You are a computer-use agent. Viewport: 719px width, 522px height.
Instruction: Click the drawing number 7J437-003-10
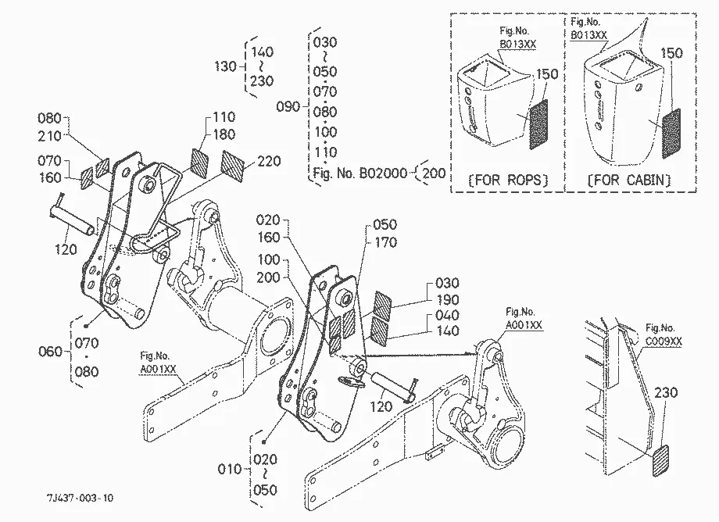point(80,498)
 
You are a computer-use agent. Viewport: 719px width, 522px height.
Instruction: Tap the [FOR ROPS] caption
point(508,180)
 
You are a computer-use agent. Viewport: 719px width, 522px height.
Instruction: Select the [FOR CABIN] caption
point(628,180)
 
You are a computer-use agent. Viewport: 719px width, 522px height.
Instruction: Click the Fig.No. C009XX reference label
point(664,334)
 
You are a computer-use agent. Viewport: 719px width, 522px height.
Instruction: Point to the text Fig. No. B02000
point(360,173)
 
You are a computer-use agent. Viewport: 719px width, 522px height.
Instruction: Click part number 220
point(269,161)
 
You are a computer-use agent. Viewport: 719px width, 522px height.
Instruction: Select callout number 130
point(225,66)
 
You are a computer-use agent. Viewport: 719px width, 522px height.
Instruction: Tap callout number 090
point(288,107)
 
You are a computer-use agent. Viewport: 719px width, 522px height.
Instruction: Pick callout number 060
point(50,352)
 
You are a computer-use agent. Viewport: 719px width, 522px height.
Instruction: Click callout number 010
point(229,470)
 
